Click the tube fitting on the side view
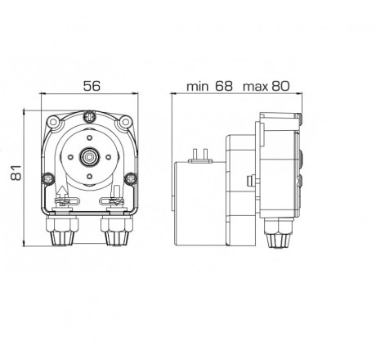tap(278, 236)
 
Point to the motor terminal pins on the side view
tap(198, 155)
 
